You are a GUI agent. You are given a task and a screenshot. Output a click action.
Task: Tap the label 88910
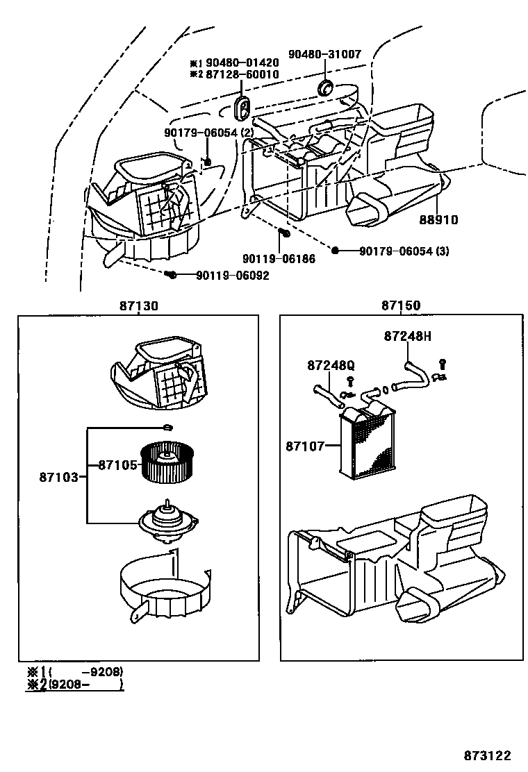(x=438, y=220)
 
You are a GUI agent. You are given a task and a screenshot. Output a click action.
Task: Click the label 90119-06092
(x=232, y=276)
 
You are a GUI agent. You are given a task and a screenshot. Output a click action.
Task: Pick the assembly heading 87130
(x=138, y=305)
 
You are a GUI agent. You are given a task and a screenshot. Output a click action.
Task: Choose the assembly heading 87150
(x=400, y=305)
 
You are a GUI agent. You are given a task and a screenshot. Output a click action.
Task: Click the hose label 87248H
(x=407, y=336)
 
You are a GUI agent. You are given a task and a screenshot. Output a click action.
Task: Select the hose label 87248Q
(x=331, y=365)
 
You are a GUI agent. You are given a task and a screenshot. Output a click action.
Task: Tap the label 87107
(x=304, y=446)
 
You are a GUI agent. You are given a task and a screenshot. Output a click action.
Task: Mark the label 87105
(x=118, y=464)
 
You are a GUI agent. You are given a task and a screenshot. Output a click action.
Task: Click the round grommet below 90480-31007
(x=325, y=87)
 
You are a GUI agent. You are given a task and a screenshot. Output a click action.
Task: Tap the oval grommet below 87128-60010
(x=243, y=108)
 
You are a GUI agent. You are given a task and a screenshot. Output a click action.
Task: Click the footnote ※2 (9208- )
(x=75, y=685)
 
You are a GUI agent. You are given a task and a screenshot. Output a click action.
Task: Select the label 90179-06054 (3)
(x=404, y=251)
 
